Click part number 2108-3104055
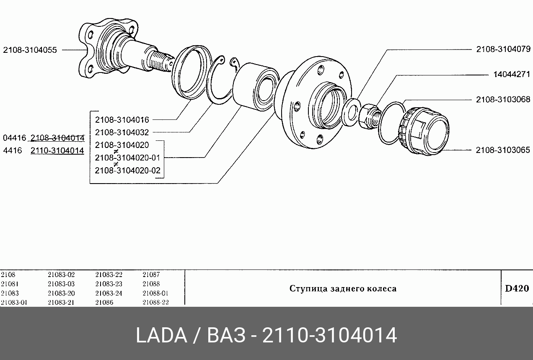click(30, 50)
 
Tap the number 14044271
click(512, 75)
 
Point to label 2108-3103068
click(503, 99)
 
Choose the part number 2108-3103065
click(503, 150)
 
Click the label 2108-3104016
click(122, 120)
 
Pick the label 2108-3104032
click(122, 132)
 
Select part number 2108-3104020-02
click(128, 171)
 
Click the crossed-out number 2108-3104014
click(57, 138)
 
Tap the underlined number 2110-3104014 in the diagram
click(57, 150)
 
